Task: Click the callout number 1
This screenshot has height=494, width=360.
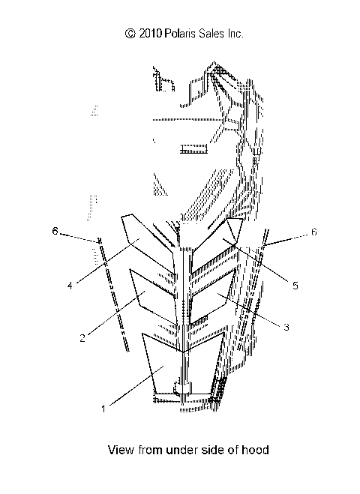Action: pyautogui.click(x=103, y=409)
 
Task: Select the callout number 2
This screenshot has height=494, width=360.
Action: pyautogui.click(x=82, y=338)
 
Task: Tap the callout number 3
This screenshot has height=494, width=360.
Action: pyautogui.click(x=286, y=327)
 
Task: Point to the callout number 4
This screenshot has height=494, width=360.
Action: pyautogui.click(x=70, y=286)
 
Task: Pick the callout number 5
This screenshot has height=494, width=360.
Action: pyautogui.click(x=295, y=286)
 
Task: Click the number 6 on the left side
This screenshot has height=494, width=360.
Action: pyautogui.click(x=55, y=231)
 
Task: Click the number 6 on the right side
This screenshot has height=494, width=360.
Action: pyautogui.click(x=313, y=232)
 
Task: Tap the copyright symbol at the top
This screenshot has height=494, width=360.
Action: pyautogui.click(x=130, y=34)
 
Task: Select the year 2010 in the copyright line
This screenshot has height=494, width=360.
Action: pyautogui.click(x=150, y=34)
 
